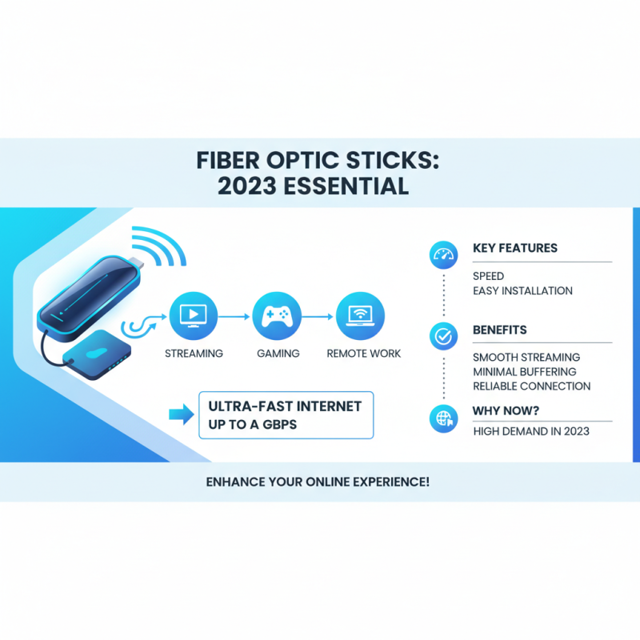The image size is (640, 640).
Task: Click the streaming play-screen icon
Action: click(x=194, y=316)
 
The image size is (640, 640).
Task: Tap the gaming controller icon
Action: click(x=277, y=316)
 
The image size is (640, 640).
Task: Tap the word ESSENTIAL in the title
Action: click(x=351, y=186)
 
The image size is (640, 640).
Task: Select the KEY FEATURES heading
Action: click(x=515, y=248)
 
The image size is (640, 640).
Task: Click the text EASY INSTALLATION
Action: click(x=522, y=291)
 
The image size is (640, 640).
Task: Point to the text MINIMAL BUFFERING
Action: click(x=524, y=371)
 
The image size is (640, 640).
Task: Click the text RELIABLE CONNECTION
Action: click(x=531, y=386)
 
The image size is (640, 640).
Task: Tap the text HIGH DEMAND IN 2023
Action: click(x=530, y=432)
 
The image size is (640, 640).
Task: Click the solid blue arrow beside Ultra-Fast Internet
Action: click(x=181, y=414)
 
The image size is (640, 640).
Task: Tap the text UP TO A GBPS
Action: click(x=252, y=424)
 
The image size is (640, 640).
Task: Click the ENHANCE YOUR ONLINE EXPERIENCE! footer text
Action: click(x=319, y=483)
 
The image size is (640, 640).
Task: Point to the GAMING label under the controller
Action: click(x=278, y=353)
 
